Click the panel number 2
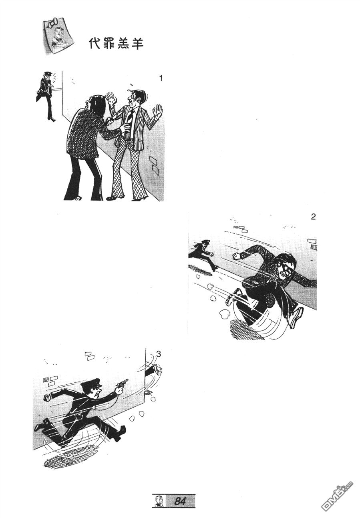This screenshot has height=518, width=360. pos(313,217)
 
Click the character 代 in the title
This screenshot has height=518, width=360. pos(95,43)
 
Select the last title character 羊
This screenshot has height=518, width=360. pos(137,44)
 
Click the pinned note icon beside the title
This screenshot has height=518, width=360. pos(58,36)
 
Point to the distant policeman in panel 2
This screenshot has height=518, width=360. pos(203,255)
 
